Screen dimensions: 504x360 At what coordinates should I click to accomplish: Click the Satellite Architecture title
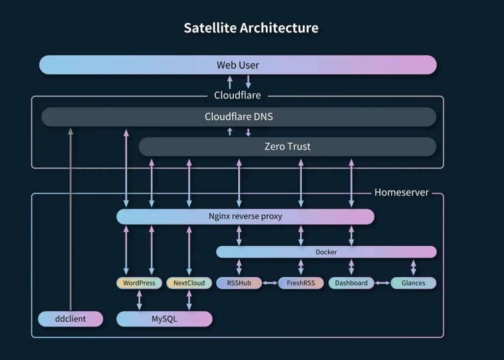[251, 28]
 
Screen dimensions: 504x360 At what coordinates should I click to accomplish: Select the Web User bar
[238, 65]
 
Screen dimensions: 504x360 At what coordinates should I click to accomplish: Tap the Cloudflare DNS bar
[239, 117]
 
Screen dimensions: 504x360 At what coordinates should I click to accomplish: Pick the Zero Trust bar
[287, 147]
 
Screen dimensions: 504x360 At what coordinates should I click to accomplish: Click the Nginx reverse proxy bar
[245, 217]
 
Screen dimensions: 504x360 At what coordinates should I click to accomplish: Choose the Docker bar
[326, 252]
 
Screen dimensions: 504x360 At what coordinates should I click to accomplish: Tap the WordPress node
[139, 283]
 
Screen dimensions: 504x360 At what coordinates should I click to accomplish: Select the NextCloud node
[189, 283]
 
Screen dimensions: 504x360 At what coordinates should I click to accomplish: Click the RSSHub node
[239, 283]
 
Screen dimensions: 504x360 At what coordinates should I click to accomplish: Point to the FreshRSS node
[301, 283]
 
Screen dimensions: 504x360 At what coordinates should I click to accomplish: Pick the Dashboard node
[351, 283]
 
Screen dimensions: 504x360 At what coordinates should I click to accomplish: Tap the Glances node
[413, 283]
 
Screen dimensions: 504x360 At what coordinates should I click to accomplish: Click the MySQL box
[164, 319]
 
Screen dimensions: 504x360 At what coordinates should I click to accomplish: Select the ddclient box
[70, 319]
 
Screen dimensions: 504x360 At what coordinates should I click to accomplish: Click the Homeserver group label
[402, 193]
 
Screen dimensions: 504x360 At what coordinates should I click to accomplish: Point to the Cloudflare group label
[237, 95]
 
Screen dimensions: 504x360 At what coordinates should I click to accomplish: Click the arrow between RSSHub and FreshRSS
[270, 283]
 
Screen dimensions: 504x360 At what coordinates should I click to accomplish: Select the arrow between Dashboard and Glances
[382, 283]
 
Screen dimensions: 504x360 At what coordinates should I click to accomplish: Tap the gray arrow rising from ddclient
[70, 219]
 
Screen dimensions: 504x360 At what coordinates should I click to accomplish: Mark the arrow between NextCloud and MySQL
[189, 300]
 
